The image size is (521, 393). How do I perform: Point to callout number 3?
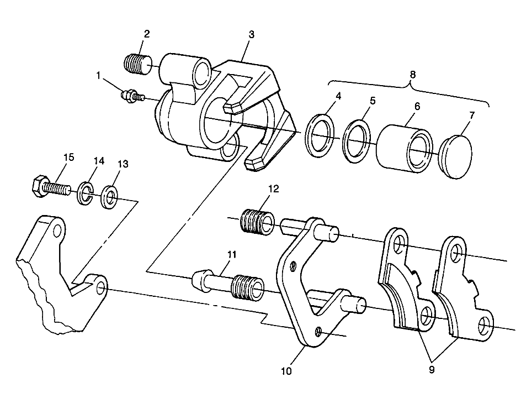tap(251, 35)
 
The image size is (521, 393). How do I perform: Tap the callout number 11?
tap(232, 254)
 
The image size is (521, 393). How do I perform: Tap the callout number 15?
tap(68, 158)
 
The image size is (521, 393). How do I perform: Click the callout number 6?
tap(417, 106)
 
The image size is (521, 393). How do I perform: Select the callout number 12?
tap(273, 188)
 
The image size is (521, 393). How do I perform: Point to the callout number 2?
tap(146, 34)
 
